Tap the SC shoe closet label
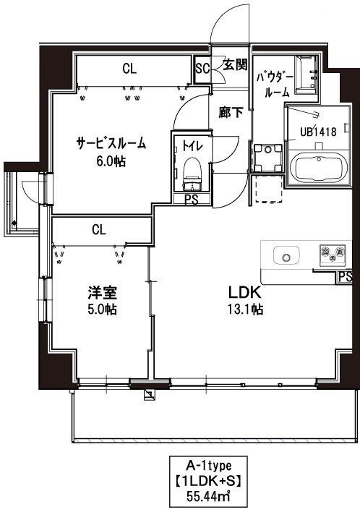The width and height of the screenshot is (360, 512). pos(204,69)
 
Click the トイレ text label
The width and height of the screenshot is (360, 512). pos(191,145)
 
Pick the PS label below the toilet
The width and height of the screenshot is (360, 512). pos(192,200)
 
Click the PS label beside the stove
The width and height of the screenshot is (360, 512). pos(345,276)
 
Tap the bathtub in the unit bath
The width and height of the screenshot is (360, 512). pos(317,168)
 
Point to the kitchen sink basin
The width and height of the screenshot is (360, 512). pos(286,255)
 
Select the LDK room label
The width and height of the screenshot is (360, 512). pos(245,294)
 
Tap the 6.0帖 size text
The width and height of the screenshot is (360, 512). pos(111,161)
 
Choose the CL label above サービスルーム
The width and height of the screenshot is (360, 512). pos(129,69)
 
